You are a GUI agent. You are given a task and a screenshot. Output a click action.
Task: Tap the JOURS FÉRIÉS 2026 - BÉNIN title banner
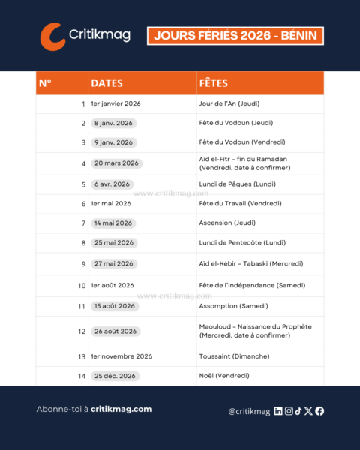coord(235,35)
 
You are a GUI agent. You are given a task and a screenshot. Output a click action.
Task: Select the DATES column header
coord(106,82)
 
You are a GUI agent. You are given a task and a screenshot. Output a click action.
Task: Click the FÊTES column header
coord(214,82)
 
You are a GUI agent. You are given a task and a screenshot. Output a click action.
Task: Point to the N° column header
coord(45,82)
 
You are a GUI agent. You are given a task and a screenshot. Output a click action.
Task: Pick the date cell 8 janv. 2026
coord(112,123)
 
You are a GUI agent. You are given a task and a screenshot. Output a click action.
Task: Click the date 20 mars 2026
coord(116,163)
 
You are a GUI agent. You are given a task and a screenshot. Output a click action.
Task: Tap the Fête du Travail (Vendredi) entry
coord(240,203)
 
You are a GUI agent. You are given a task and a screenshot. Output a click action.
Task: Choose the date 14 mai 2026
coord(113,223)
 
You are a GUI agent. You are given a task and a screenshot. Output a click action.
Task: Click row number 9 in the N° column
coord(83,264)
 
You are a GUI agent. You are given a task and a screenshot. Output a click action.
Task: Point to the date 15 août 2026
coord(115,306)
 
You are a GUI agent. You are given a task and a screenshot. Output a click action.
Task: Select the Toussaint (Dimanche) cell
coord(234,356)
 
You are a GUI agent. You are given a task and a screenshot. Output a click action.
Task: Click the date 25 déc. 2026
coord(113,376)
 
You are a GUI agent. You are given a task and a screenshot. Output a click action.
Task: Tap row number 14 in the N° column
coord(82,376)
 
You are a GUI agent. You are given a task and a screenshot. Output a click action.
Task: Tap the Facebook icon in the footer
coord(319,410)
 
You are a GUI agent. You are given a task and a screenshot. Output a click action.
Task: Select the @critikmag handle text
coord(249,411)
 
